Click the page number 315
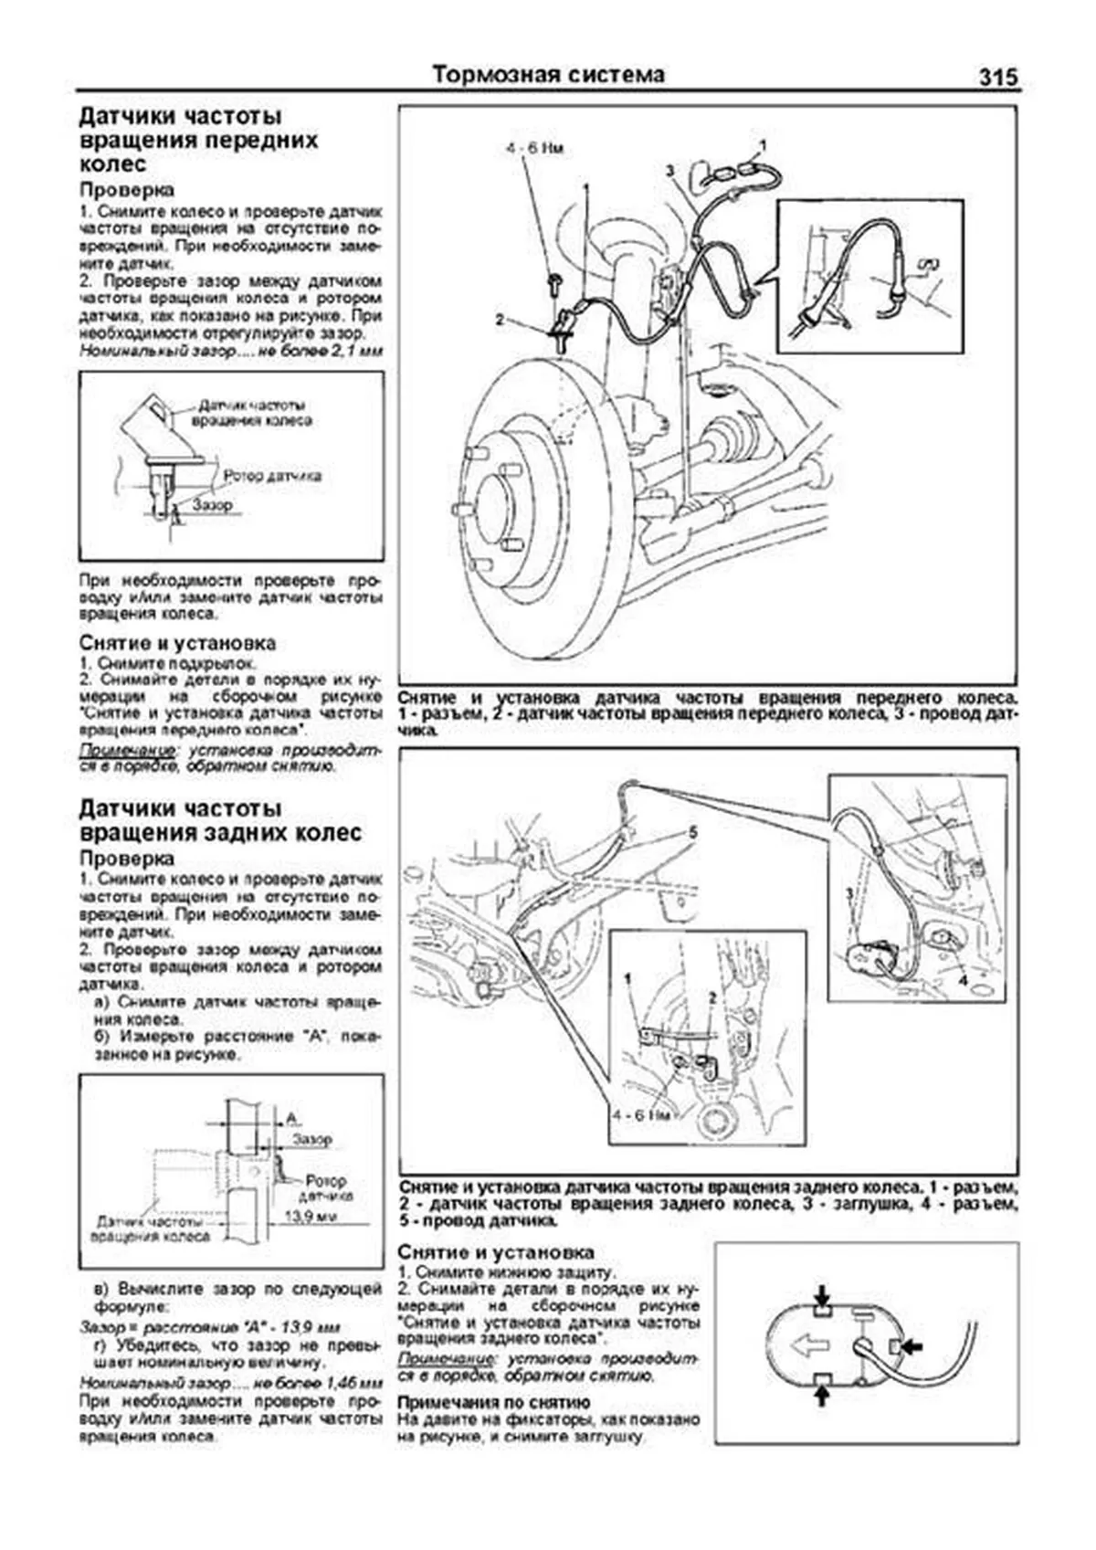pos(997,77)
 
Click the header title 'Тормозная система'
pos(548,75)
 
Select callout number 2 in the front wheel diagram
pos(500,320)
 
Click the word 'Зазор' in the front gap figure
pos(212,503)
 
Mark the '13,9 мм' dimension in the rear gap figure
pos(311,1216)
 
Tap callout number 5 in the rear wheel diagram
pos(693,832)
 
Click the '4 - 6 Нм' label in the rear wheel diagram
pos(642,1115)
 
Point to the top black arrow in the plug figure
pos(822,1294)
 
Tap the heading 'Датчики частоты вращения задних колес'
pos(219,820)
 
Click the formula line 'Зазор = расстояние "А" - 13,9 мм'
pos(210,1326)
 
